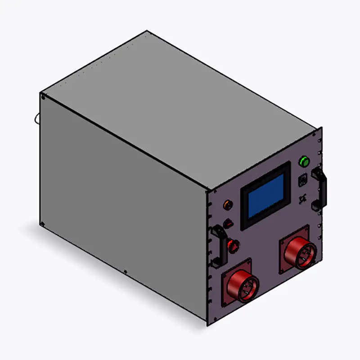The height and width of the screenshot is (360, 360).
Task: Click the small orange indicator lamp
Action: [228, 205]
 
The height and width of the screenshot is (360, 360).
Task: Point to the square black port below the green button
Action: [303, 180]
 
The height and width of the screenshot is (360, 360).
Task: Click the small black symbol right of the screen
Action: [302, 198]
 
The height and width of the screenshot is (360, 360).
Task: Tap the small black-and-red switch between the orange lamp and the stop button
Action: [228, 223]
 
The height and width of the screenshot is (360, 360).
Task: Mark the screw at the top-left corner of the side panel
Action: [43, 96]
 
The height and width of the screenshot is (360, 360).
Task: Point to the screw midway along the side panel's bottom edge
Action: [125, 272]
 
